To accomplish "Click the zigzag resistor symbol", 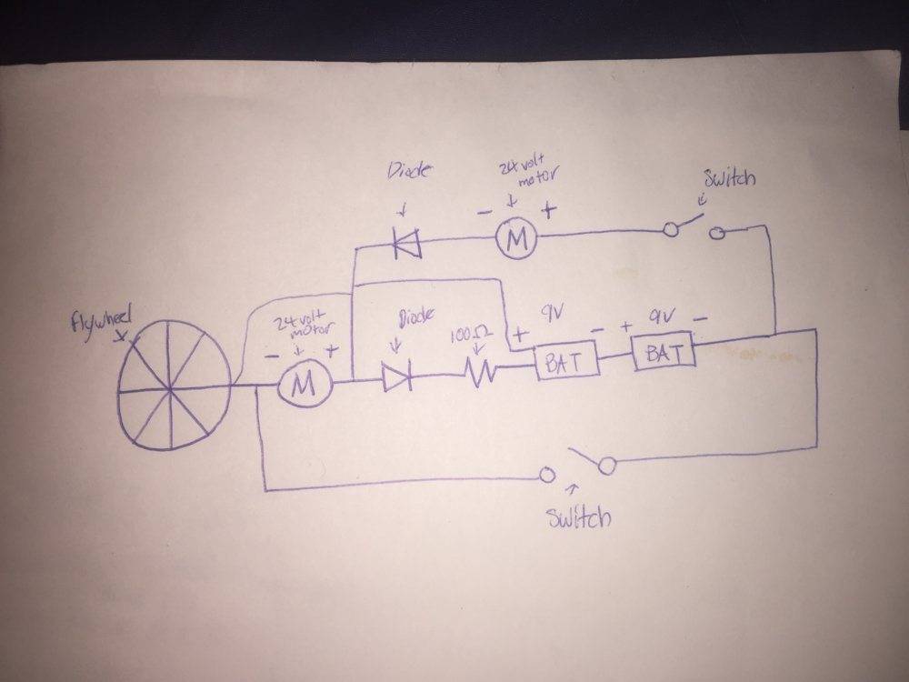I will click(x=478, y=370).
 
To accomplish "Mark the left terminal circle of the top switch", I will click(x=672, y=230).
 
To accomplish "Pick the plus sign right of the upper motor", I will click(x=549, y=208).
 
